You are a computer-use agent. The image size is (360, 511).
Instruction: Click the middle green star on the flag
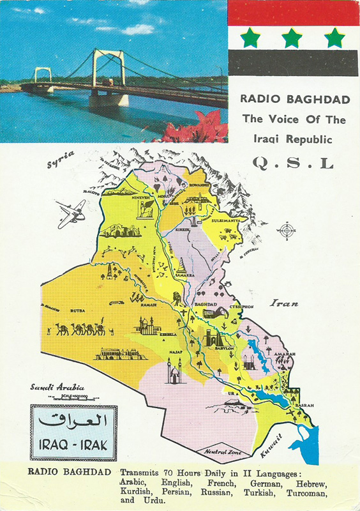pos(292,38)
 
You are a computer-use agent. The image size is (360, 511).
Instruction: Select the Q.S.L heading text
pos(293,164)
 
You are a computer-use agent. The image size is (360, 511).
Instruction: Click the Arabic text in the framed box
pos(73,421)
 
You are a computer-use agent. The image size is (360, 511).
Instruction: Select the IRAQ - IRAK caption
pos(73,444)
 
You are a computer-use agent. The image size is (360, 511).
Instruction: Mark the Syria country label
pos(61,160)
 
